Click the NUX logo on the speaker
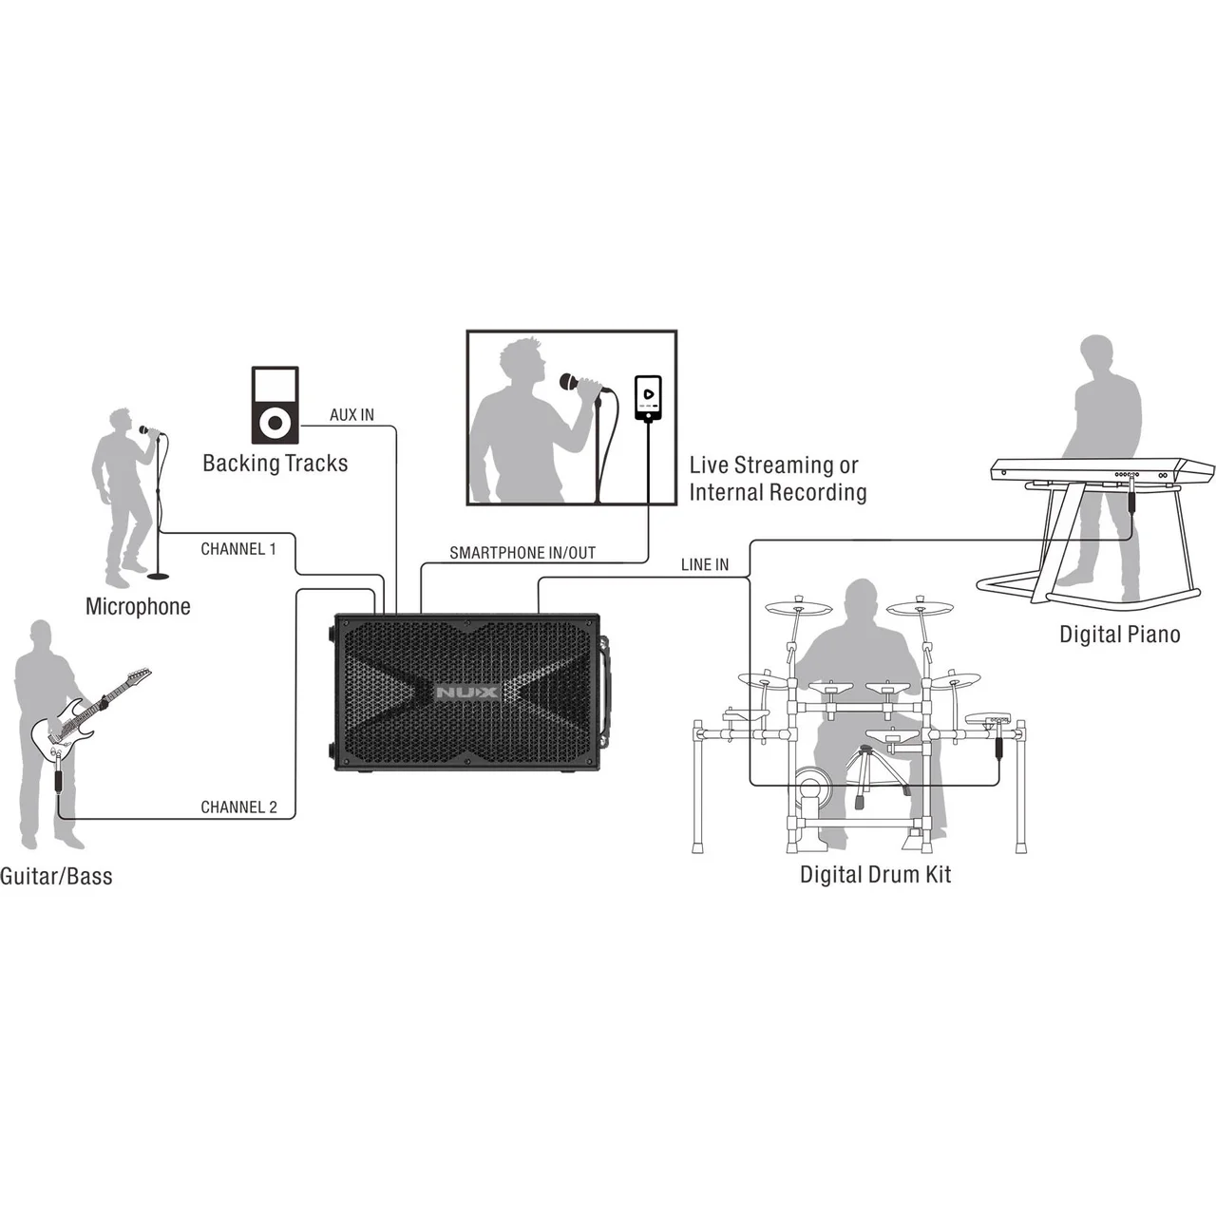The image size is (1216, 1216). tap(466, 693)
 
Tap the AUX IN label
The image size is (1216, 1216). tap(351, 414)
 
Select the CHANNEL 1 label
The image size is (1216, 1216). tap(238, 549)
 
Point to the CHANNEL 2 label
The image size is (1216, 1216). tap(238, 807)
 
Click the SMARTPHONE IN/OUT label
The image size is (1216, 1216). tap(522, 553)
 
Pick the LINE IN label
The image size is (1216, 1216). tap(705, 564)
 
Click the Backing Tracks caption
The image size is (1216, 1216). tap(275, 464)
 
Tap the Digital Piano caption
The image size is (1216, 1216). tap(1119, 635)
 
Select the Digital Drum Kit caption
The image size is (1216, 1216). tap(875, 875)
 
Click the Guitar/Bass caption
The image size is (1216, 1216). tap(56, 877)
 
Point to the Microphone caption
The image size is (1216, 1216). tap(138, 606)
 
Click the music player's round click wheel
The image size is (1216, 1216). tap(275, 421)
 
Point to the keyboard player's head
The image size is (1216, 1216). tap(1095, 356)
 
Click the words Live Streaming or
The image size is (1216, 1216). tap(773, 465)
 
